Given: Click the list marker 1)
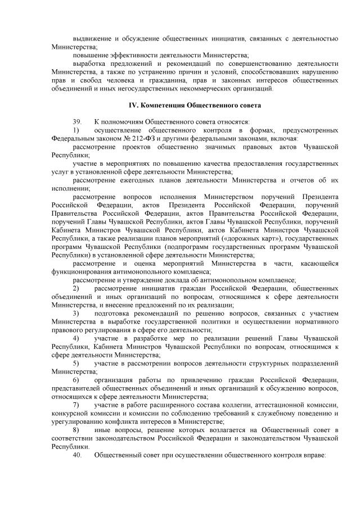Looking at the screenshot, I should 76,130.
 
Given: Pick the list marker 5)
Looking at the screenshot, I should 76,363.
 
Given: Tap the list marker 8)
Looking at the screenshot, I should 76,429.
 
